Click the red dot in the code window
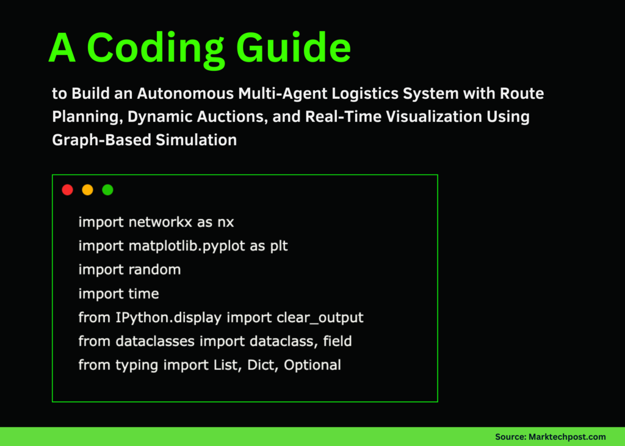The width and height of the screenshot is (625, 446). pos(68,190)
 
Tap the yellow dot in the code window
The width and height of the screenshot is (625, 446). pos(87,190)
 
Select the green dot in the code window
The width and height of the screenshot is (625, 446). pos(107,190)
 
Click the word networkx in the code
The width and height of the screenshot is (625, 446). pos(161,222)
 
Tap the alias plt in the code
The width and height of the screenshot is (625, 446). pos(278,246)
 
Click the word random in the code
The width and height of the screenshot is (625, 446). pos(154,270)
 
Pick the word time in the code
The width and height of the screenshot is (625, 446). pos(143,293)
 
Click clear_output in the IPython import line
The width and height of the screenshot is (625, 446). pos(320,318)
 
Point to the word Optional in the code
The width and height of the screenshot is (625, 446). pos(312,365)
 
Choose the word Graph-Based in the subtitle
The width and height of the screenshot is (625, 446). pos(99,140)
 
